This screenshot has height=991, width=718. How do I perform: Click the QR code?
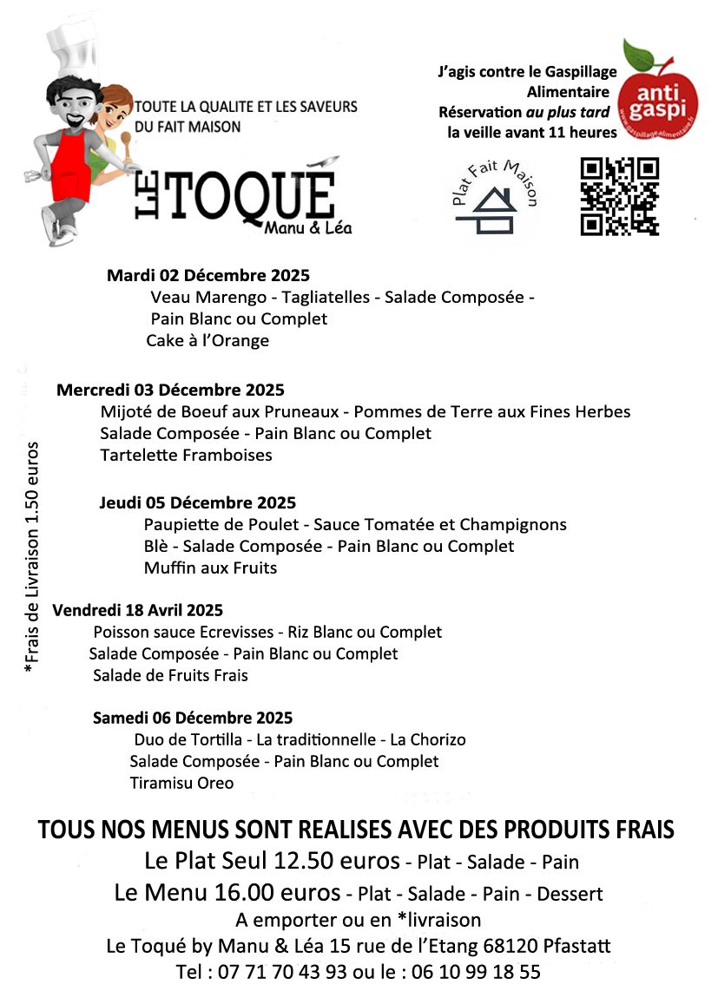619,196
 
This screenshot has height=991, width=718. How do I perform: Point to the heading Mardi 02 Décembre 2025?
207,276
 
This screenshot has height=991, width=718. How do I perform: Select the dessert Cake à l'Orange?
207,341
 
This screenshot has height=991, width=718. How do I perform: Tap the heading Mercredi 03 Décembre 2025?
170,390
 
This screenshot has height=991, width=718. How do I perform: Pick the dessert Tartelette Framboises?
186,455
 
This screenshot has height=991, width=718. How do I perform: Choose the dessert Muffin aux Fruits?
210,568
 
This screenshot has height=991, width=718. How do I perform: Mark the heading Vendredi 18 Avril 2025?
138,610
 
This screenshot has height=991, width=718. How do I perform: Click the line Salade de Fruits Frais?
170,675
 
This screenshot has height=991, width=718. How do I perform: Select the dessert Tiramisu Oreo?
181,784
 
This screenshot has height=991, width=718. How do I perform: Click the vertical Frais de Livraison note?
32,560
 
